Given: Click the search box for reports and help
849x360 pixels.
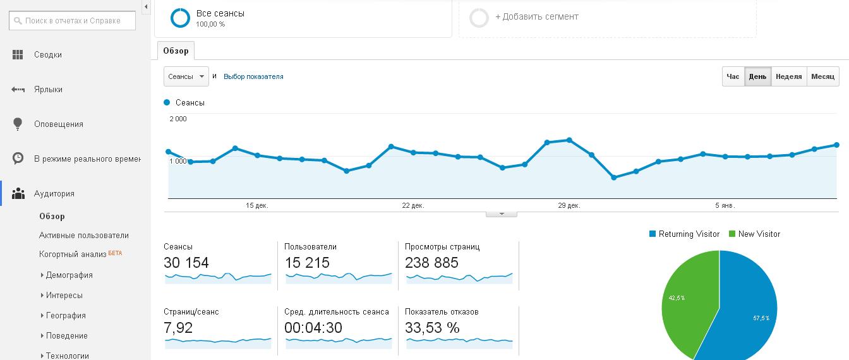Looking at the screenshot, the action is (72, 20).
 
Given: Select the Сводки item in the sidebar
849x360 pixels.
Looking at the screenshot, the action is (48, 54).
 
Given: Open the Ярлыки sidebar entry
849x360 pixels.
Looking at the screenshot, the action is (48, 90).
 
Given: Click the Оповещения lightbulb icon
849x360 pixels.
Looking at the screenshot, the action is (18, 124).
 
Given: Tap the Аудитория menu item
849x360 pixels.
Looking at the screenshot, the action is (54, 194).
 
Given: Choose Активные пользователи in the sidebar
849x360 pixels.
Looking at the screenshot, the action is (84, 236).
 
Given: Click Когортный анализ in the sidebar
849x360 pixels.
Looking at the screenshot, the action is (73, 255).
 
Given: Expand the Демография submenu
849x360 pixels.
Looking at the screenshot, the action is (69, 275).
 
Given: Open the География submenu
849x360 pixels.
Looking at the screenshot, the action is (66, 315).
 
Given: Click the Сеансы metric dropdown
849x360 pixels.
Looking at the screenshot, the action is (186, 76).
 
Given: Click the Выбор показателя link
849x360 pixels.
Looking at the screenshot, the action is (253, 76).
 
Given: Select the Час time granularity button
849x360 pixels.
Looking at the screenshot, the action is (733, 76).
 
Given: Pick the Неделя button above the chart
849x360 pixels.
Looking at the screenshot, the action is (789, 76).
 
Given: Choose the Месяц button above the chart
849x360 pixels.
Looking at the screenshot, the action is (823, 76).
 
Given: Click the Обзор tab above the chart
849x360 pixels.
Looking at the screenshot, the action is (176, 51).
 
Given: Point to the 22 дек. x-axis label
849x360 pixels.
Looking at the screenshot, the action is (413, 205).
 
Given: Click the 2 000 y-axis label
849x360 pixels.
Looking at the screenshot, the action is (178, 119).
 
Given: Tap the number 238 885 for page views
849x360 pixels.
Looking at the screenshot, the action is (431, 263).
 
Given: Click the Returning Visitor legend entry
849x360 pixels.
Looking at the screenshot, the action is (685, 234).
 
